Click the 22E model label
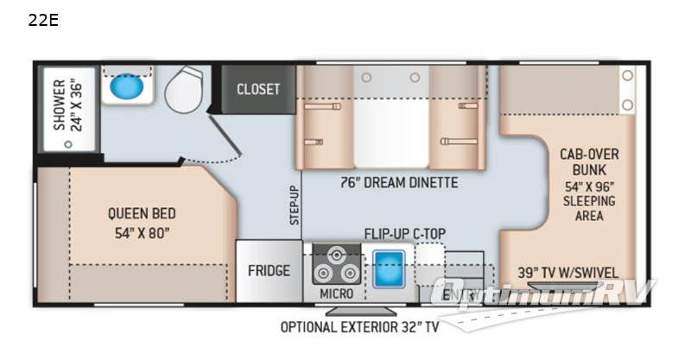pyautogui.click(x=43, y=22)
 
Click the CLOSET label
pyautogui.click(x=258, y=90)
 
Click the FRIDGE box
pyautogui.click(x=269, y=270)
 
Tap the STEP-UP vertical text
pyautogui.click(x=294, y=205)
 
